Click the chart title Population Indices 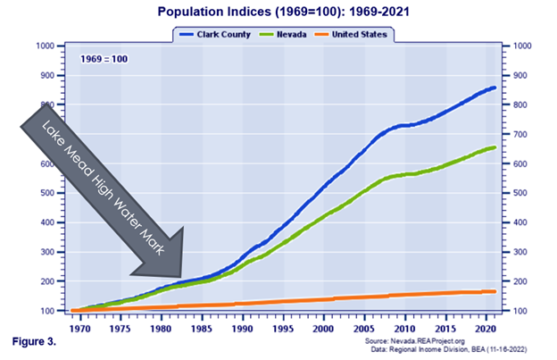tap(278, 13)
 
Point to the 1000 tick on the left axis tap(44, 46)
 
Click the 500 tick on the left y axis tap(46, 193)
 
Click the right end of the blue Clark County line tap(495, 88)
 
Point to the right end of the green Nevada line tap(495, 147)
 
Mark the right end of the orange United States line tap(495, 291)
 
